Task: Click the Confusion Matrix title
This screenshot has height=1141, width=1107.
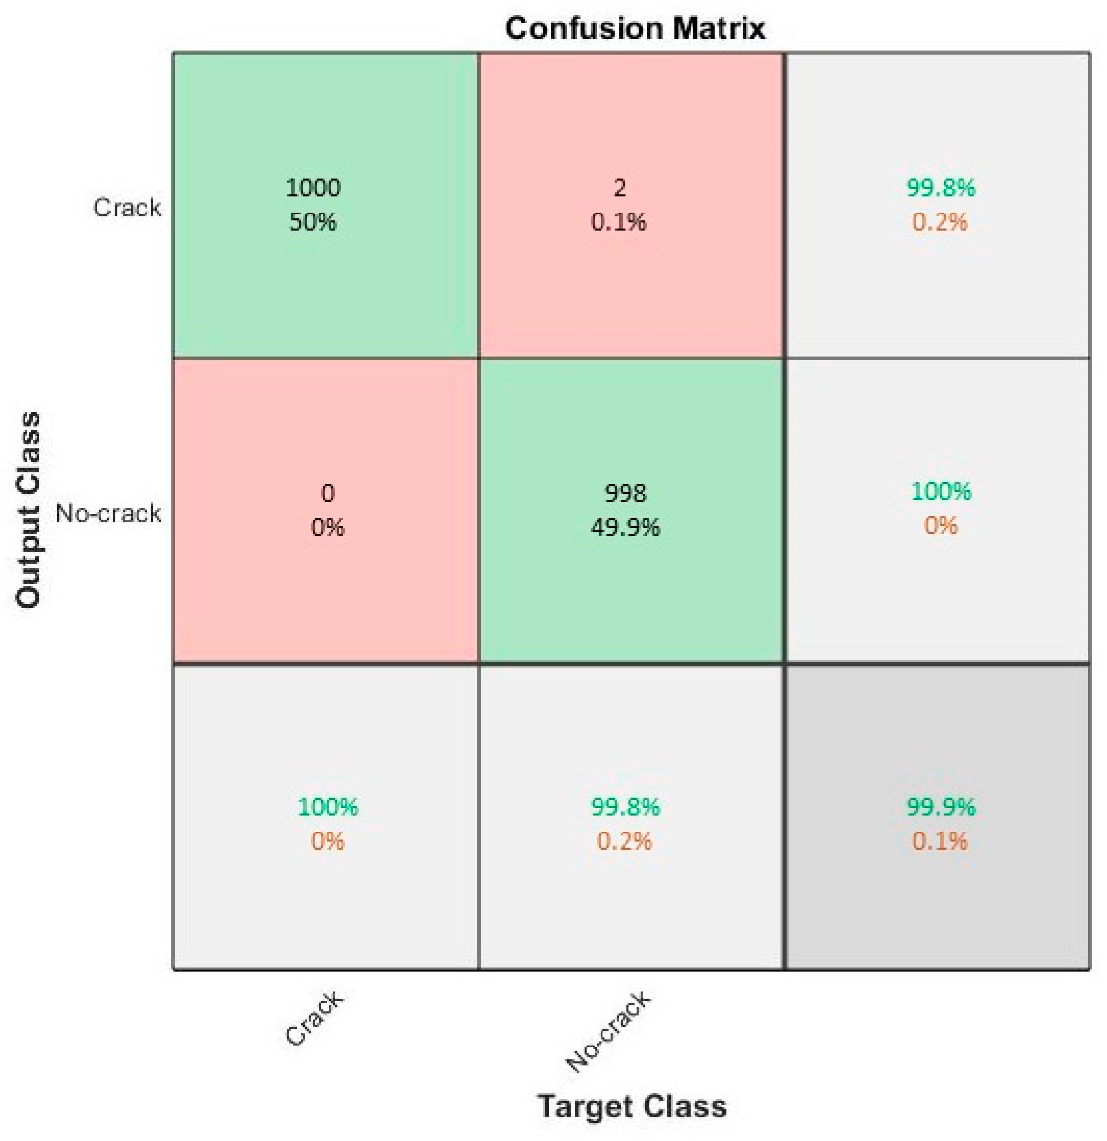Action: coord(634,28)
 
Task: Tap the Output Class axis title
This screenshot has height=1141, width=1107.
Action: coord(28,510)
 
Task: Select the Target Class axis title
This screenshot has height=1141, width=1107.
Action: coord(632,1105)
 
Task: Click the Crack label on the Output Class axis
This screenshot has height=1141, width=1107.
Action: coord(127,208)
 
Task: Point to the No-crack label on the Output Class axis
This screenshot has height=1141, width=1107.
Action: coord(108,513)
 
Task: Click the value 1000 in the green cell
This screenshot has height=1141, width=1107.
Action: coord(313,188)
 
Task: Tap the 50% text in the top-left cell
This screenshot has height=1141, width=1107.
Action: coord(313,222)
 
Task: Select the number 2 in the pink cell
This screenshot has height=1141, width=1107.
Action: coord(619,188)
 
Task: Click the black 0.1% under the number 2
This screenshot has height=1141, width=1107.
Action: coord(619,222)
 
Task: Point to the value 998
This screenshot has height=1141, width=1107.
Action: coord(625,493)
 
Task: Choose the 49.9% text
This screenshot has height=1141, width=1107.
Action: coord(625,527)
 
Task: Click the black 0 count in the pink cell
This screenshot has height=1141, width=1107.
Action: coord(328,493)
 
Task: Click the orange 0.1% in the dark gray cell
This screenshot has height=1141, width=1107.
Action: coord(940,841)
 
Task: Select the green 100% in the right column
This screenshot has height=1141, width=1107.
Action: coord(941,491)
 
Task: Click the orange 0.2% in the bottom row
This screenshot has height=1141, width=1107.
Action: coord(624,841)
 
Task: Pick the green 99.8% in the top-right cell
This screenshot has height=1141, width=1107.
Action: coord(940,188)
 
